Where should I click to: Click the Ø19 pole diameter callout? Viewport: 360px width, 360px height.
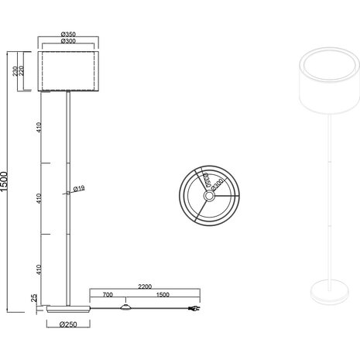pyautogui.click(x=79, y=189)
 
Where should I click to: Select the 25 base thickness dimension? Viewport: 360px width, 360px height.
pyautogui.click(x=34, y=299)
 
